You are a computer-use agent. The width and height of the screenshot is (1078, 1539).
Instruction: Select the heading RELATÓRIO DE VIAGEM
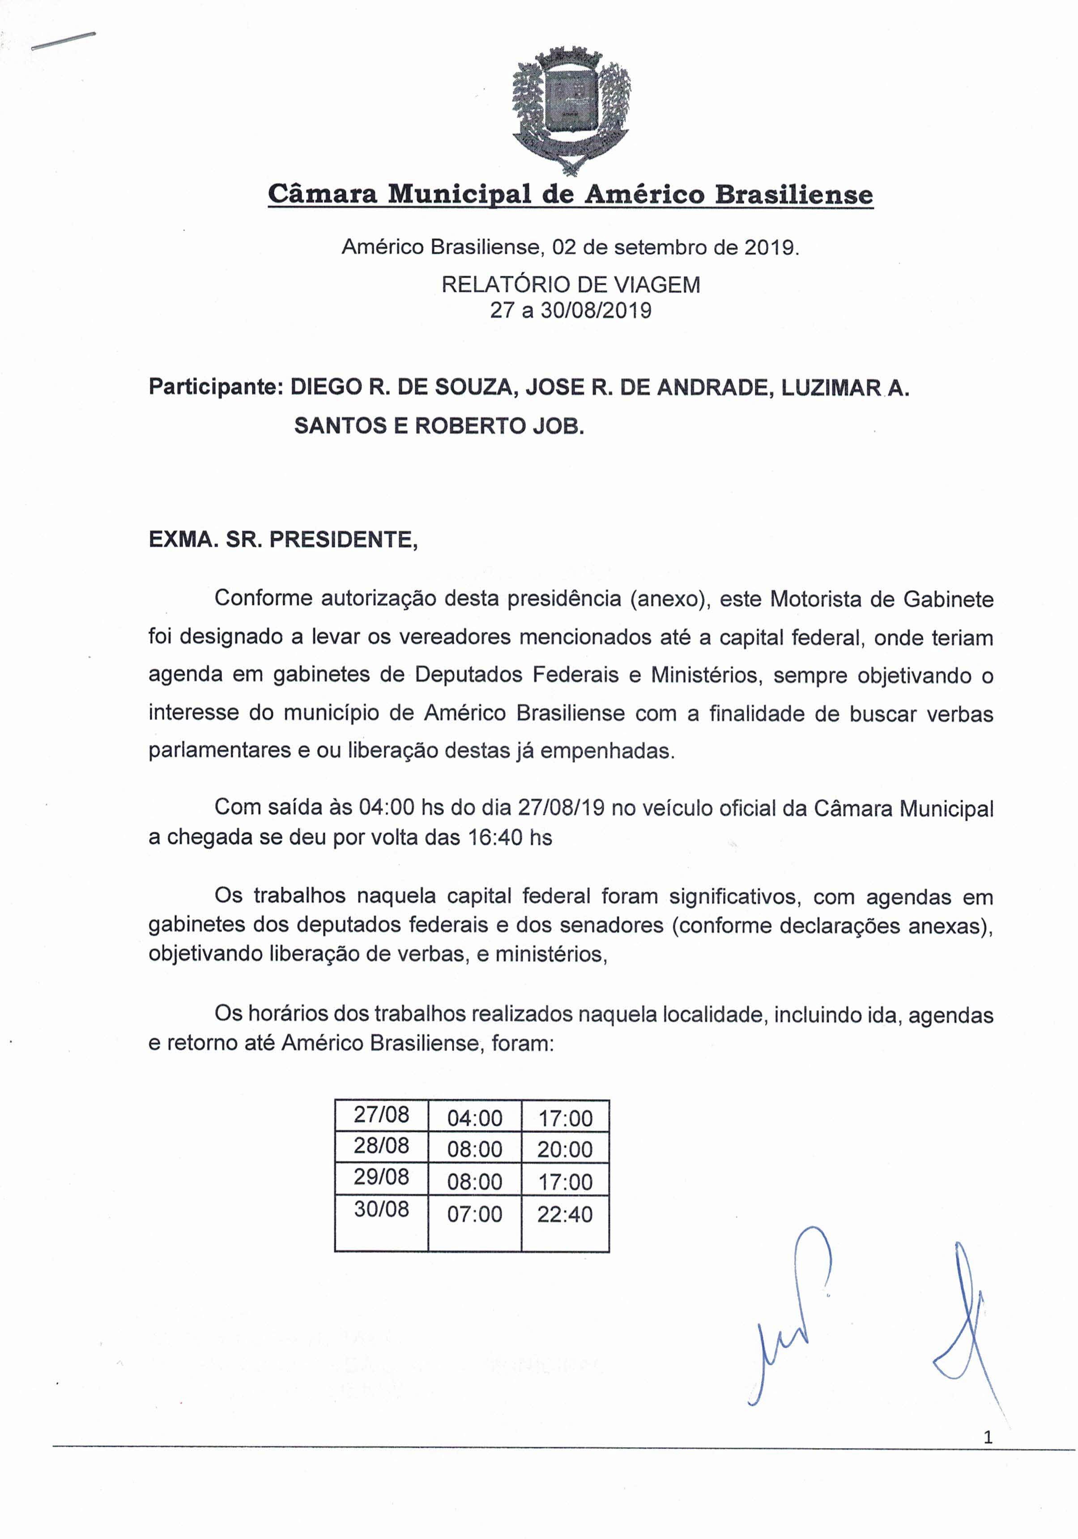click(x=570, y=285)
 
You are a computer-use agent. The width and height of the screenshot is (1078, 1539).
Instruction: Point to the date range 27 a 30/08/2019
click(x=570, y=310)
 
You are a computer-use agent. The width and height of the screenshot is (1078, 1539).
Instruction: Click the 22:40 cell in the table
click(x=565, y=1214)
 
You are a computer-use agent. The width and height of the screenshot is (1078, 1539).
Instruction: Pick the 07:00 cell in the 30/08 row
click(x=474, y=1214)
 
